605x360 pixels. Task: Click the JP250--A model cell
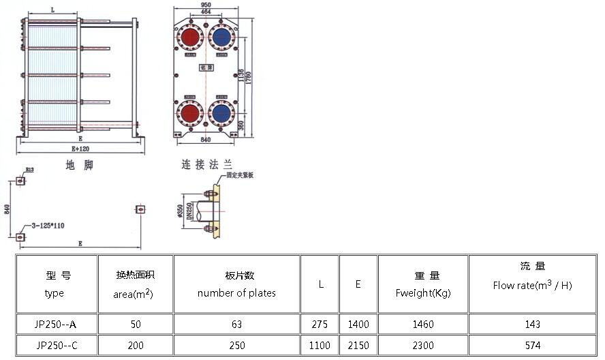click(57, 324)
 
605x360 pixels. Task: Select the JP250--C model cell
click(57, 346)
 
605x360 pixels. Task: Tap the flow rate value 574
click(533, 346)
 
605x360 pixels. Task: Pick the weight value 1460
click(423, 324)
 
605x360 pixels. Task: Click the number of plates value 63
click(236, 324)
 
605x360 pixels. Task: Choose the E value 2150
click(358, 346)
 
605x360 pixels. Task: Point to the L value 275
click(320, 324)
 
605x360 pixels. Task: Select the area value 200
click(136, 346)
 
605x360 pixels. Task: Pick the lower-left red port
click(190, 112)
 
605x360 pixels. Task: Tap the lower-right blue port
click(221, 112)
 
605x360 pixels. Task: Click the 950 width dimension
click(205, 5)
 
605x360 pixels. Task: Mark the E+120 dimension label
click(80, 149)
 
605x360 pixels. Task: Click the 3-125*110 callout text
click(48, 226)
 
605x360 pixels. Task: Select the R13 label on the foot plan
click(30, 170)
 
